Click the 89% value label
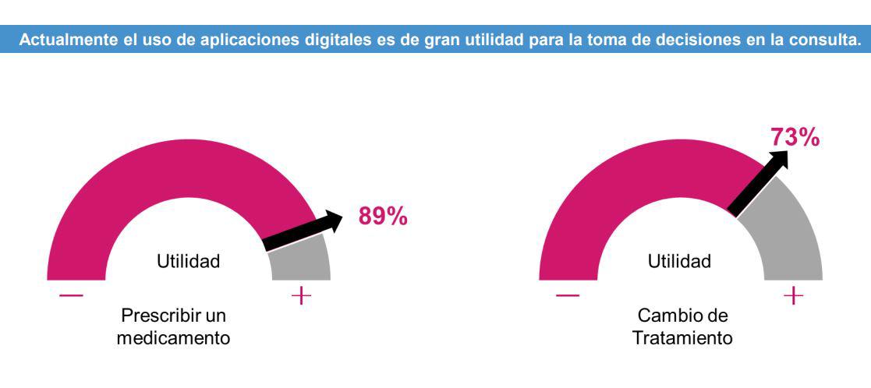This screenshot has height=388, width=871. click(382, 217)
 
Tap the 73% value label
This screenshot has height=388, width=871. click(795, 137)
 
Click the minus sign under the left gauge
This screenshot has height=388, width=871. click(71, 296)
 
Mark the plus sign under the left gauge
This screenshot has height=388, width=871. click(300, 296)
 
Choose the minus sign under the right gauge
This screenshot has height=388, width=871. click(567, 296)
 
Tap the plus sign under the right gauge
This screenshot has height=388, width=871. click(793, 296)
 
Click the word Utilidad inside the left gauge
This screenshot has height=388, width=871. click(188, 262)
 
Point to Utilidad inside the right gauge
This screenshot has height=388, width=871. click(679, 262)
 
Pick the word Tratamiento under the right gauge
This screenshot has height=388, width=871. click(680, 339)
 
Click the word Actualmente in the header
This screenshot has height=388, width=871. click(62, 41)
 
